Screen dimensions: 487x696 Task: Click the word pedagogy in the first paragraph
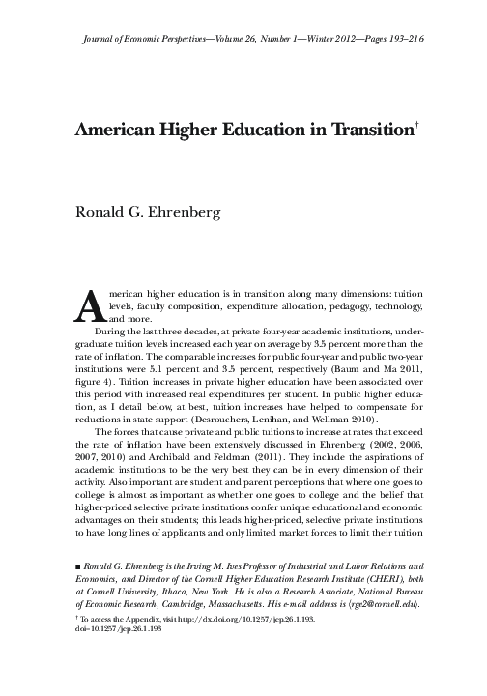(x=351, y=304)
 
